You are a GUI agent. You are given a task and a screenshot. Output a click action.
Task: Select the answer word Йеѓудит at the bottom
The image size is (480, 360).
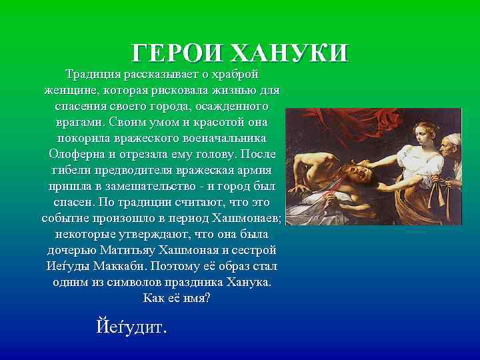tap(132, 328)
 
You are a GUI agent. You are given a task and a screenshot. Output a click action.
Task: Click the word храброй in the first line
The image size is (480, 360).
tap(233, 73)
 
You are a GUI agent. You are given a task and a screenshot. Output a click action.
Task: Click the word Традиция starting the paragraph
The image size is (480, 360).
tap(91, 73)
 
